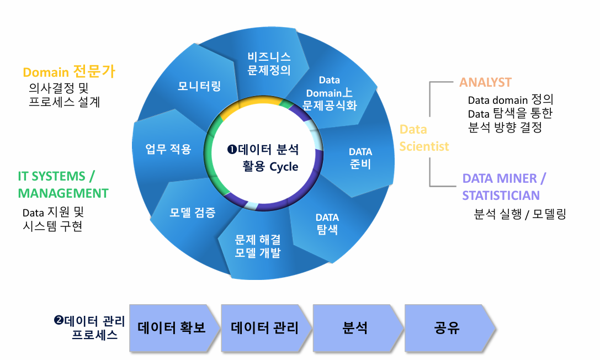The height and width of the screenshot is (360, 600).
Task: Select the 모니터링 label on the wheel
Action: click(x=199, y=86)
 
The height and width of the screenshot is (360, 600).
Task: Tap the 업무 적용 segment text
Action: click(x=168, y=149)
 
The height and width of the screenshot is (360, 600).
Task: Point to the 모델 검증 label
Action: click(x=193, y=213)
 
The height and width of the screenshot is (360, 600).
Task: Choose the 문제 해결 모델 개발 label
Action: click(x=258, y=246)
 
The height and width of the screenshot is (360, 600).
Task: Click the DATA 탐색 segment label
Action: click(x=327, y=224)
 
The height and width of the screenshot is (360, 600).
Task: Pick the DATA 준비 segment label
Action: click(x=360, y=158)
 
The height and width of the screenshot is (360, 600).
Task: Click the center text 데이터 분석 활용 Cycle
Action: click(x=264, y=158)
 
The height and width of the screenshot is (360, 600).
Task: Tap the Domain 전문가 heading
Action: click(x=69, y=72)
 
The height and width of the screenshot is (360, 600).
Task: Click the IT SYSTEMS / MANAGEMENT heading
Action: click(x=63, y=185)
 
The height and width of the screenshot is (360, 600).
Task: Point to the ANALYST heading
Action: click(x=486, y=82)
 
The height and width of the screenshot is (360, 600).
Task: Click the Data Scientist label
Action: click(x=424, y=138)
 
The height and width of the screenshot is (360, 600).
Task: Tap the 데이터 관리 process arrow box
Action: click(x=264, y=328)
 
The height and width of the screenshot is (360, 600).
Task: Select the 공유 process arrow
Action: click(x=447, y=328)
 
